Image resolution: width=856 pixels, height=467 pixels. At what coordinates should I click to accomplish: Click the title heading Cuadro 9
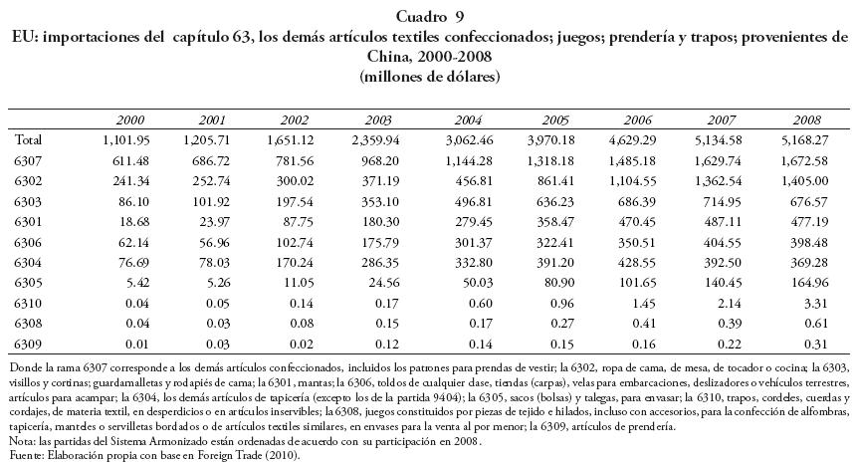429,15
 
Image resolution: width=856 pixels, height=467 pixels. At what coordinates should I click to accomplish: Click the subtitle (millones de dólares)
429,75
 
